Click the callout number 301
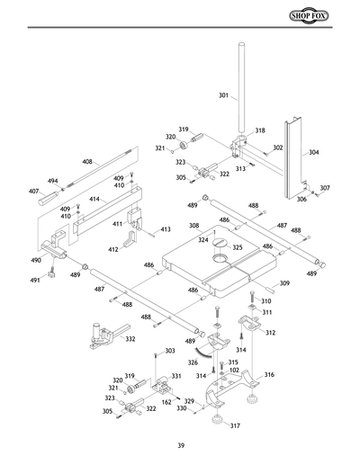tap(223, 94)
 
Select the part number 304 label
tap(313, 153)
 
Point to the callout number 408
tap(87, 162)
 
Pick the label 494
tap(53, 181)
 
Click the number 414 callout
tap(94, 198)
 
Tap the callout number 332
tap(130, 339)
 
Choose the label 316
tap(269, 375)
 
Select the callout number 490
tap(36, 260)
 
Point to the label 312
tap(269, 332)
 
